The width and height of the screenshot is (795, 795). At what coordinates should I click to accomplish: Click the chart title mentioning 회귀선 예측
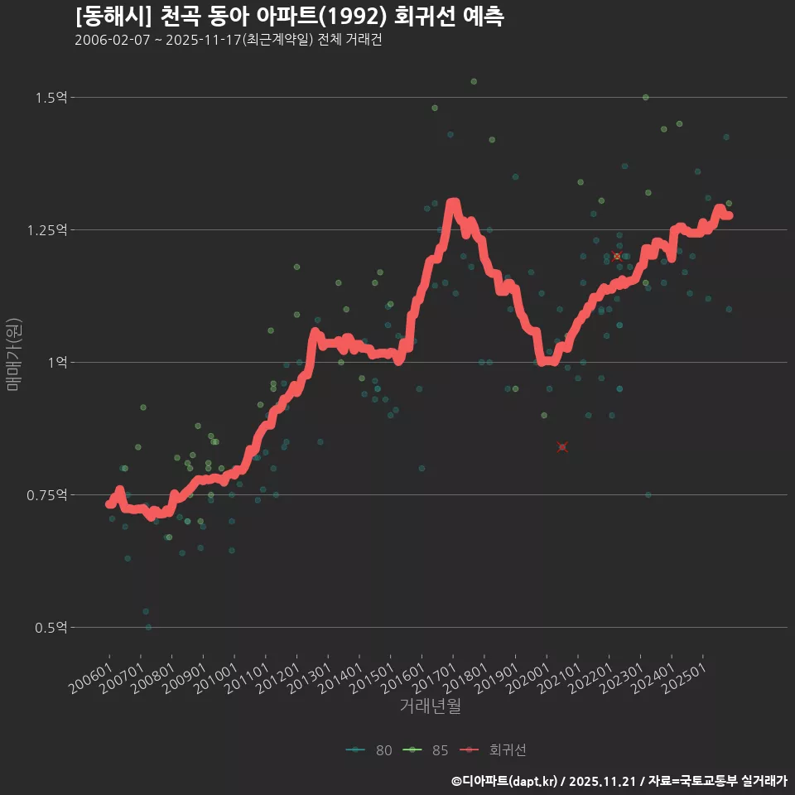tap(288, 17)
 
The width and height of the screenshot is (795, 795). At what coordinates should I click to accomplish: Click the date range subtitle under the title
tap(228, 41)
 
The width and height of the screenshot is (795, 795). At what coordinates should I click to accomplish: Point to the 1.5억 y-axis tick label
tap(51, 98)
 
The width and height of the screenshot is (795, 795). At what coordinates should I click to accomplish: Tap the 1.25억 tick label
tap(48, 229)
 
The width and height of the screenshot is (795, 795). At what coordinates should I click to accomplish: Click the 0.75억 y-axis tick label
tap(48, 494)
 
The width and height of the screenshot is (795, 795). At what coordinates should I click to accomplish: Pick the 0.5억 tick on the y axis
tap(51, 627)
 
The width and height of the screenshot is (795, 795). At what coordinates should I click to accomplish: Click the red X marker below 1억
tap(562, 447)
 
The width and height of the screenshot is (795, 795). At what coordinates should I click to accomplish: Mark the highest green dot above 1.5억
tap(474, 81)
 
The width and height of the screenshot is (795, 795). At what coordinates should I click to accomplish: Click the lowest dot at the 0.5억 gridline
tap(148, 627)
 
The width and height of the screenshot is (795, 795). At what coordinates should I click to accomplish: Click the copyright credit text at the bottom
tap(619, 781)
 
